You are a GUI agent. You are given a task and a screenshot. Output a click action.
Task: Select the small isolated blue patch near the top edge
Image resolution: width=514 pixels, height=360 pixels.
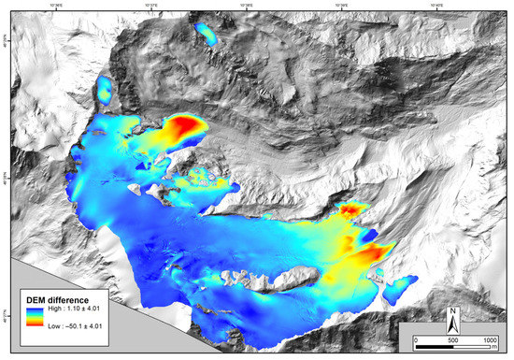click(204, 36)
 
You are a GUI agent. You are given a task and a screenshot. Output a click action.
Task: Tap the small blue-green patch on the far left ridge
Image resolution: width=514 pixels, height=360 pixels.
click(105, 89)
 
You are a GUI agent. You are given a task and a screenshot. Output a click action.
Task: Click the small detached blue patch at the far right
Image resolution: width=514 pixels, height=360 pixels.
click(403, 285)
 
